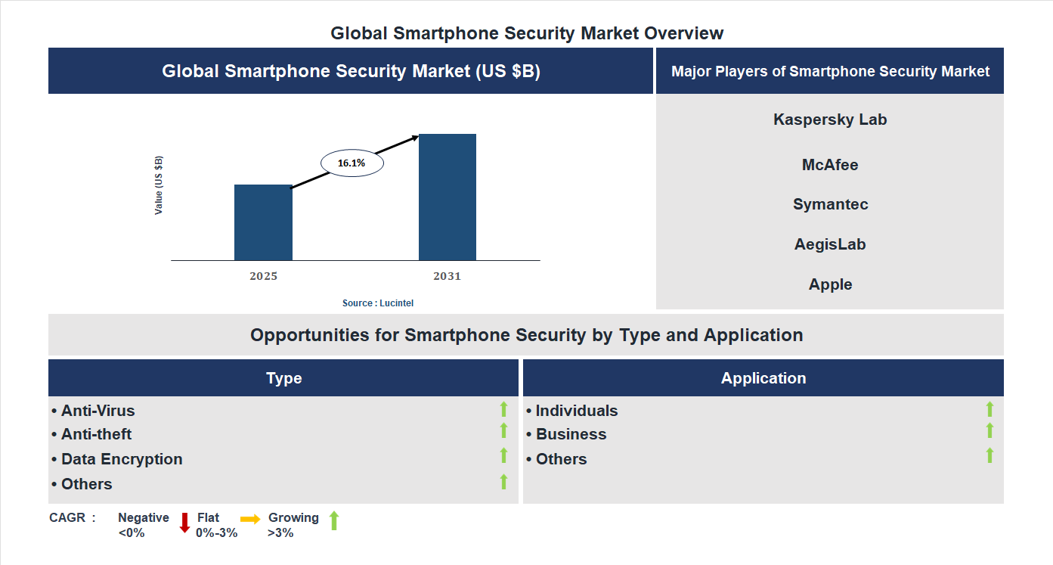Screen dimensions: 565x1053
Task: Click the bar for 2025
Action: click(263, 222)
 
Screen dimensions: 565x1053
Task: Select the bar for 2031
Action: click(448, 197)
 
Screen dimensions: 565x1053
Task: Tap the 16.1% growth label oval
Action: click(352, 163)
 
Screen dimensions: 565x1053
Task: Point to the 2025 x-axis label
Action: click(263, 276)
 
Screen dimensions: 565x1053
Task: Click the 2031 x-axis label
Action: click(447, 276)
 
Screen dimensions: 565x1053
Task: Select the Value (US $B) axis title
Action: click(159, 185)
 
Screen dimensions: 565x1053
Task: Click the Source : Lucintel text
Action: click(378, 303)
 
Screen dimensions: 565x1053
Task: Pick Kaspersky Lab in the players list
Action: click(830, 120)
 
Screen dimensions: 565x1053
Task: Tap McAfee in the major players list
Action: click(830, 165)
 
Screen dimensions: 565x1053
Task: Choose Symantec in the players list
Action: click(830, 204)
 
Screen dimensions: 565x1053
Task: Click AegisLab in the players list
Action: click(830, 244)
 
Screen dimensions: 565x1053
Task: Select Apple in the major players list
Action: click(830, 284)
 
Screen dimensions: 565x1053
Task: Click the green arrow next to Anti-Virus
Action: click(503, 409)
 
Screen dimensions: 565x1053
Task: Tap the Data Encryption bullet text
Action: click(121, 459)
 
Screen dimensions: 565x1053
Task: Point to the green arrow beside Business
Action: click(990, 430)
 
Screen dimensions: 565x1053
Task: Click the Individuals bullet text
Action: click(576, 411)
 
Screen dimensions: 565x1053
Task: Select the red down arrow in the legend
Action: click(184, 523)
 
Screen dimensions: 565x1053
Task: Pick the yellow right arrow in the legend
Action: click(250, 519)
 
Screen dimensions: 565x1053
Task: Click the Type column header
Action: click(283, 378)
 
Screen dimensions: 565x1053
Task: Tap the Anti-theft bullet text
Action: click(96, 434)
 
